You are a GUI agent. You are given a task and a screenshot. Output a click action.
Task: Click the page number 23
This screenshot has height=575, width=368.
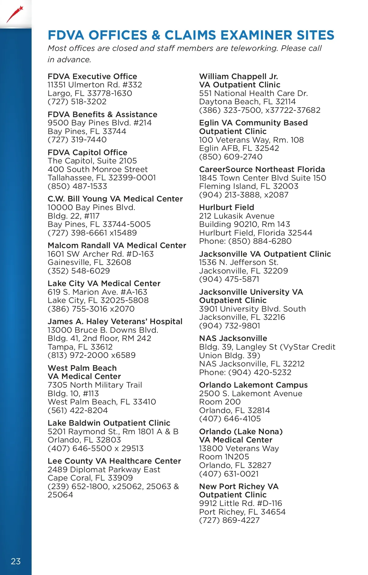[16, 561]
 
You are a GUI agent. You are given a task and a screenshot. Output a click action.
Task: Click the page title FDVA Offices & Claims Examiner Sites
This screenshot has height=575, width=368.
[191, 35]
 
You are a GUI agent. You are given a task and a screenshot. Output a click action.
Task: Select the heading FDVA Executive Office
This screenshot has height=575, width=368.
[92, 76]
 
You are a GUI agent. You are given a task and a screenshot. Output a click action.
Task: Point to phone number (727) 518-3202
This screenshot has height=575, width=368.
[77, 102]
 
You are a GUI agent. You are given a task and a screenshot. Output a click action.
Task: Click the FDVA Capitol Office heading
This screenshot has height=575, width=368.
[87, 152]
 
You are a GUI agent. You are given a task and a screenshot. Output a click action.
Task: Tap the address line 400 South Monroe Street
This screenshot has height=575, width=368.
[98, 169]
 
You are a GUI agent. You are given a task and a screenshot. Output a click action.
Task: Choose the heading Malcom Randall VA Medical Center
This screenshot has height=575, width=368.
[117, 245]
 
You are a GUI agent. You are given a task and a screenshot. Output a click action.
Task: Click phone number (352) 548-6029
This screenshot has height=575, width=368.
[79, 271]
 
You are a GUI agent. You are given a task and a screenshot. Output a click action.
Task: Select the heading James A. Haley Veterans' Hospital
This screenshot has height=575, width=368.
[115, 321]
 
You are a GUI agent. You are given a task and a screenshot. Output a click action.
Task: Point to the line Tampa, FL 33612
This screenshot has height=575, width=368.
[80, 347]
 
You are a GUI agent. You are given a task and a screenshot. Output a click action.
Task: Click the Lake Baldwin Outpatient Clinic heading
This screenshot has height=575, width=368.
[109, 423]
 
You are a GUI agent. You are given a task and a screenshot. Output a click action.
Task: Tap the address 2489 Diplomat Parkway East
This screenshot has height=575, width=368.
[104, 470]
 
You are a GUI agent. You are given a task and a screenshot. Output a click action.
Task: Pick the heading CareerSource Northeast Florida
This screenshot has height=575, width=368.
[262, 169]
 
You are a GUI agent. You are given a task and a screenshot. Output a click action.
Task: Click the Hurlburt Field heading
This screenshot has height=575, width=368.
[227, 207]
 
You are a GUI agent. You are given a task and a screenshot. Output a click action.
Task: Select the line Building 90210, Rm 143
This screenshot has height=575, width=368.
[244, 224]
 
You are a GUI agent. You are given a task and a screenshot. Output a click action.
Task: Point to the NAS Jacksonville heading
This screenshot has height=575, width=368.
[233, 338]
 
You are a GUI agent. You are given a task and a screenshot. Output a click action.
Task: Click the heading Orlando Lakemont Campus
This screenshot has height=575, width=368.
[253, 385]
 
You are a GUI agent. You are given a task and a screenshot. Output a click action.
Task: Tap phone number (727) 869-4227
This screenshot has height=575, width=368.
[229, 520]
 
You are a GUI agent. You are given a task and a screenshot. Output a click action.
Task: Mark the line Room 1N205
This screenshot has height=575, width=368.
[224, 457]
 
